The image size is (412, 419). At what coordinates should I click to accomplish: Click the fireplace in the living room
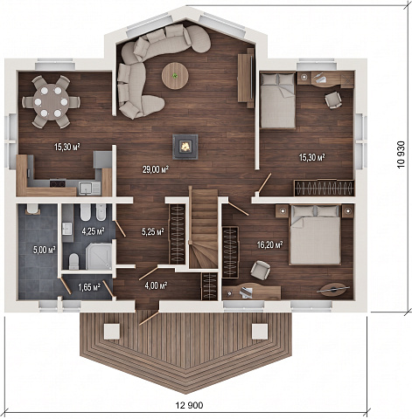click(185, 147)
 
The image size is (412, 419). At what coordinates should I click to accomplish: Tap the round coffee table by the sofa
click(175, 76)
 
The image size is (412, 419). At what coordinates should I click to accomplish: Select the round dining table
click(51, 102)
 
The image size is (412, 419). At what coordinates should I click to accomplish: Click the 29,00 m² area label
click(156, 169)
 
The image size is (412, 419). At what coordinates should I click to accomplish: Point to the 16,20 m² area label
click(270, 244)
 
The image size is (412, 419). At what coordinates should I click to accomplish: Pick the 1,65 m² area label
click(89, 287)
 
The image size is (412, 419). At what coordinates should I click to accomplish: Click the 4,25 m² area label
click(94, 231)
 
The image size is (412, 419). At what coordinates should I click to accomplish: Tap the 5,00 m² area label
click(44, 250)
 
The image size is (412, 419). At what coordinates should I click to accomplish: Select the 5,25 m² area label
click(152, 231)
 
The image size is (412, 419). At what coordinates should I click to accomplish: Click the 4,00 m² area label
click(156, 285)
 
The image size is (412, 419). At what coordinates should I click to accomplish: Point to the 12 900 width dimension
click(189, 405)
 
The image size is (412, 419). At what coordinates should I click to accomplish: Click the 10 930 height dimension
click(401, 155)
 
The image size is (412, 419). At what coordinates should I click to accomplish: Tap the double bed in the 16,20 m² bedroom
click(315, 235)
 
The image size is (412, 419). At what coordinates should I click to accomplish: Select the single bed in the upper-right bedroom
click(277, 100)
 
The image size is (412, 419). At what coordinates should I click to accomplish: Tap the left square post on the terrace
click(112, 332)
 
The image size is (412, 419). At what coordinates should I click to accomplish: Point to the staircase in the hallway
click(204, 229)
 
